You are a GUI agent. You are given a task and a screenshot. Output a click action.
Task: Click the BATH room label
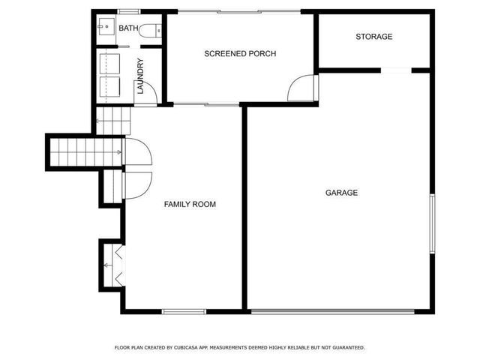point(129,28)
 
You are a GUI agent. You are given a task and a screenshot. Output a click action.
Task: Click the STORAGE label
point(373,37)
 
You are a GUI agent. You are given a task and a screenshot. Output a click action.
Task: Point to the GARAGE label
point(341,193)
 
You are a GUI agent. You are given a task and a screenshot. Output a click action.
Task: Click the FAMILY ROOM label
point(190,204)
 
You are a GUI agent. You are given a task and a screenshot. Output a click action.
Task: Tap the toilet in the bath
point(151,31)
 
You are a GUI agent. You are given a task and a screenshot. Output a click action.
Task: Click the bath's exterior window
point(128,12)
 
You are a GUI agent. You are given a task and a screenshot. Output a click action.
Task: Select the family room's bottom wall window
point(184,311)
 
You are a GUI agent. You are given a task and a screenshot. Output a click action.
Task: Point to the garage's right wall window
point(431,223)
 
